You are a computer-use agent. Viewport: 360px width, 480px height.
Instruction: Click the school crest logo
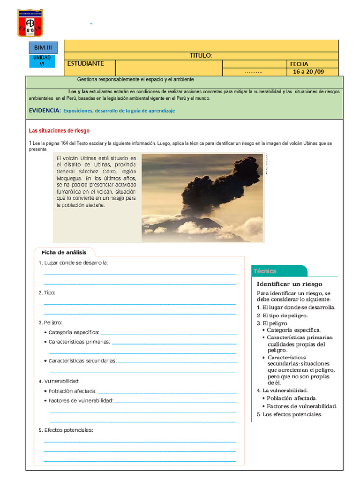pos(30,22)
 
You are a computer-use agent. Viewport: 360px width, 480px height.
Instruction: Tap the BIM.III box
pos(43,47)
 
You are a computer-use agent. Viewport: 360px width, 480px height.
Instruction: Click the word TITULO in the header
pos(201,56)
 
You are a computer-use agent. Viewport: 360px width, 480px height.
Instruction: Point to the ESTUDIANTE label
pos(86,64)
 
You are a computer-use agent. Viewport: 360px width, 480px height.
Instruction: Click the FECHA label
pos(300,64)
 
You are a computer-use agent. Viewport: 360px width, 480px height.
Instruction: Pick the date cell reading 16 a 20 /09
pos(308,72)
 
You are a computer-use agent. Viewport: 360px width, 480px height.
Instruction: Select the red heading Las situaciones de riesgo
pos(59,131)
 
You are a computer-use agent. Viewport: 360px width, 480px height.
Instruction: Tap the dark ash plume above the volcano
pos(220,183)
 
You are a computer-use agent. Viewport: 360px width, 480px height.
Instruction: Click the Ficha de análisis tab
pos(64,253)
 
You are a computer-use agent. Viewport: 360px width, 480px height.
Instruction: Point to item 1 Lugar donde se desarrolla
pos(74,263)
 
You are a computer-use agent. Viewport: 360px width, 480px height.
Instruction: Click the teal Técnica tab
pos(265,271)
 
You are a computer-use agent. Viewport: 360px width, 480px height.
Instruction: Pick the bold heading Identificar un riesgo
pos(289,284)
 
